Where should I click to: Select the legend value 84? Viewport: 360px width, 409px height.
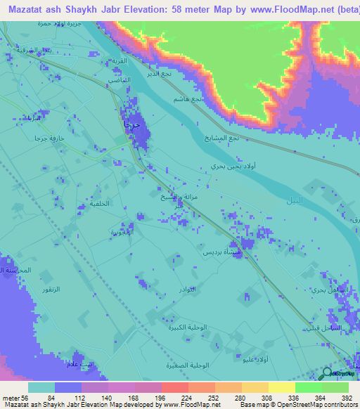[x=69, y=397]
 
